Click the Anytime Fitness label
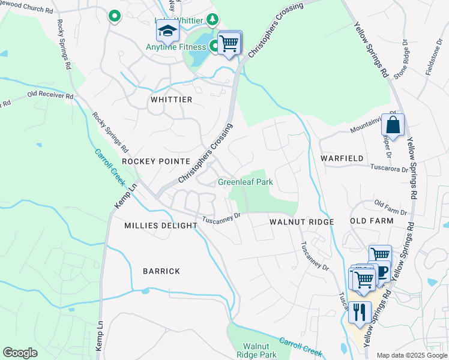pos(176,47)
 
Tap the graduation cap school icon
pos(168,31)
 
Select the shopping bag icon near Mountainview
pos(393,125)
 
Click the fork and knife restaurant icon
pos(360,312)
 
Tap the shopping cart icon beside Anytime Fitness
pos(229,43)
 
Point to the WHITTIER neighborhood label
pos(172,100)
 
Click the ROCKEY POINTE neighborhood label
pos(155,161)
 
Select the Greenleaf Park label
pos(245,182)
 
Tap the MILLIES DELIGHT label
pos(160,226)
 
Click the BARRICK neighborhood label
pos(161,271)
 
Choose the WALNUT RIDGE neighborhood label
pos(301,222)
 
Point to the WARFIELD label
pos(342,158)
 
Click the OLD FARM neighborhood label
pos(372,221)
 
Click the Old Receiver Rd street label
pos(50,95)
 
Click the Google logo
pos(20,353)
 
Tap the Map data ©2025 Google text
pos(411,355)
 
